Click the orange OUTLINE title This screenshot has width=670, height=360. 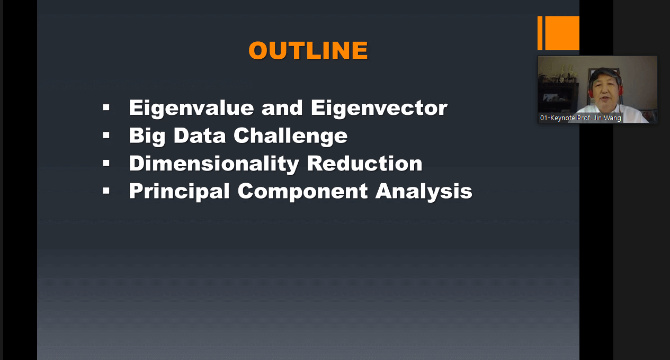click(308, 50)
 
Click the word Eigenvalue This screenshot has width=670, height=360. click(191, 108)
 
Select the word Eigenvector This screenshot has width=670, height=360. click(379, 107)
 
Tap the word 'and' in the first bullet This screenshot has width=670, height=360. click(282, 107)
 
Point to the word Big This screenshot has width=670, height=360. click(147, 137)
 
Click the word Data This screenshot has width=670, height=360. click(200, 136)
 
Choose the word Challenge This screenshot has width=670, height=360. click(290, 137)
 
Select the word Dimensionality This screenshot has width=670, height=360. click(214, 164)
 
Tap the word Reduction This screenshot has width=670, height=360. click(364, 164)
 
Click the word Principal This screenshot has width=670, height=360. click(179, 192)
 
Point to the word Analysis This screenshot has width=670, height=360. click(424, 192)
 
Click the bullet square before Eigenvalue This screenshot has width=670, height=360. click(106, 107)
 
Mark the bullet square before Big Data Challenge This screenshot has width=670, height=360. click(106, 136)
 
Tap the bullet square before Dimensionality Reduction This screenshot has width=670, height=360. click(106, 163)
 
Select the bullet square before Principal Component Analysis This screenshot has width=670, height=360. click(106, 191)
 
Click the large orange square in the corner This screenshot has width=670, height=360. click(562, 33)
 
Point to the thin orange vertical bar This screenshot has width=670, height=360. click(540, 33)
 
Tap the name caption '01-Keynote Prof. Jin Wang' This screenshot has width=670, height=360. click(580, 118)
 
